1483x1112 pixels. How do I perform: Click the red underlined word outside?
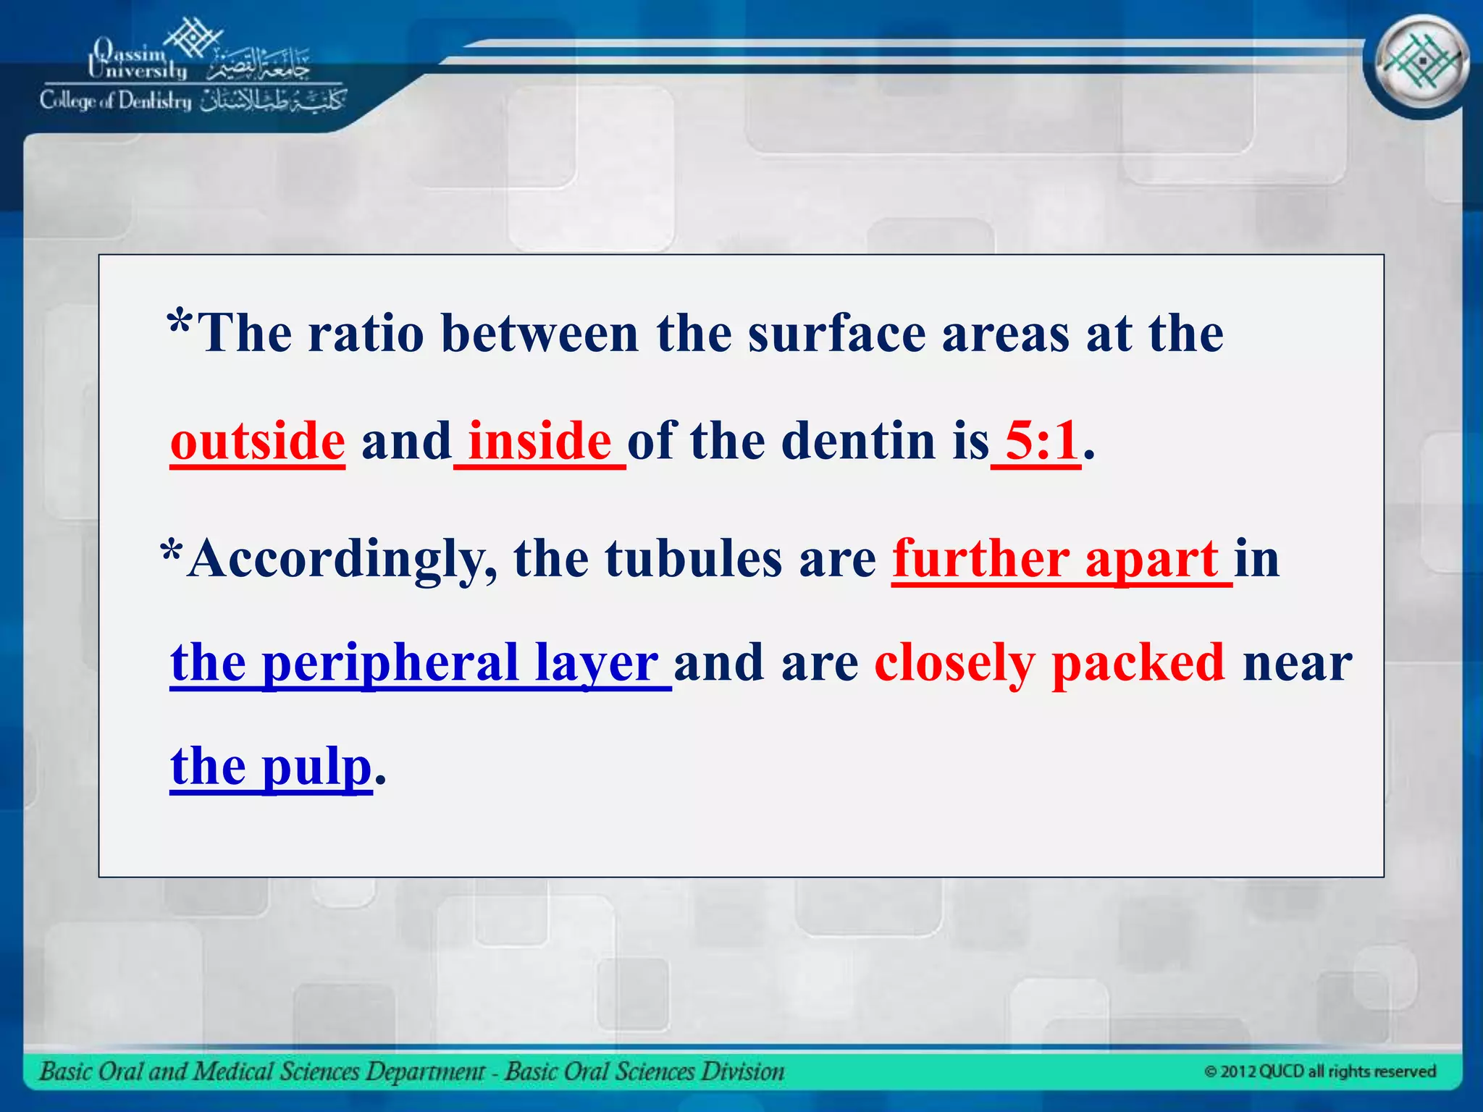tap(257, 442)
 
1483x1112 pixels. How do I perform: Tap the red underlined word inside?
tap(539, 442)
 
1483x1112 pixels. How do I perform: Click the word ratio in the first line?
tap(366, 334)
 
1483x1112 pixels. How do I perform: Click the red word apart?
tap(1151, 560)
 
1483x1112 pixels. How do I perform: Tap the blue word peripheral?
tap(390, 664)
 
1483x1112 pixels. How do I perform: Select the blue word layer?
tap(596, 664)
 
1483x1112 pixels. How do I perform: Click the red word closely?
tap(954, 664)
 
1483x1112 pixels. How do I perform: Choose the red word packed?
tap(1138, 664)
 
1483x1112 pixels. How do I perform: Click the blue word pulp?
tap(316, 767)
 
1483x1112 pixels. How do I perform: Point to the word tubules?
tap(694, 560)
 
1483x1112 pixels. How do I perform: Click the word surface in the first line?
tap(836, 334)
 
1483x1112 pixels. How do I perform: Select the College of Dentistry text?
tap(116, 101)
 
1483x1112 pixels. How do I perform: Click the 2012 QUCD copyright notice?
tap(1319, 1071)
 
